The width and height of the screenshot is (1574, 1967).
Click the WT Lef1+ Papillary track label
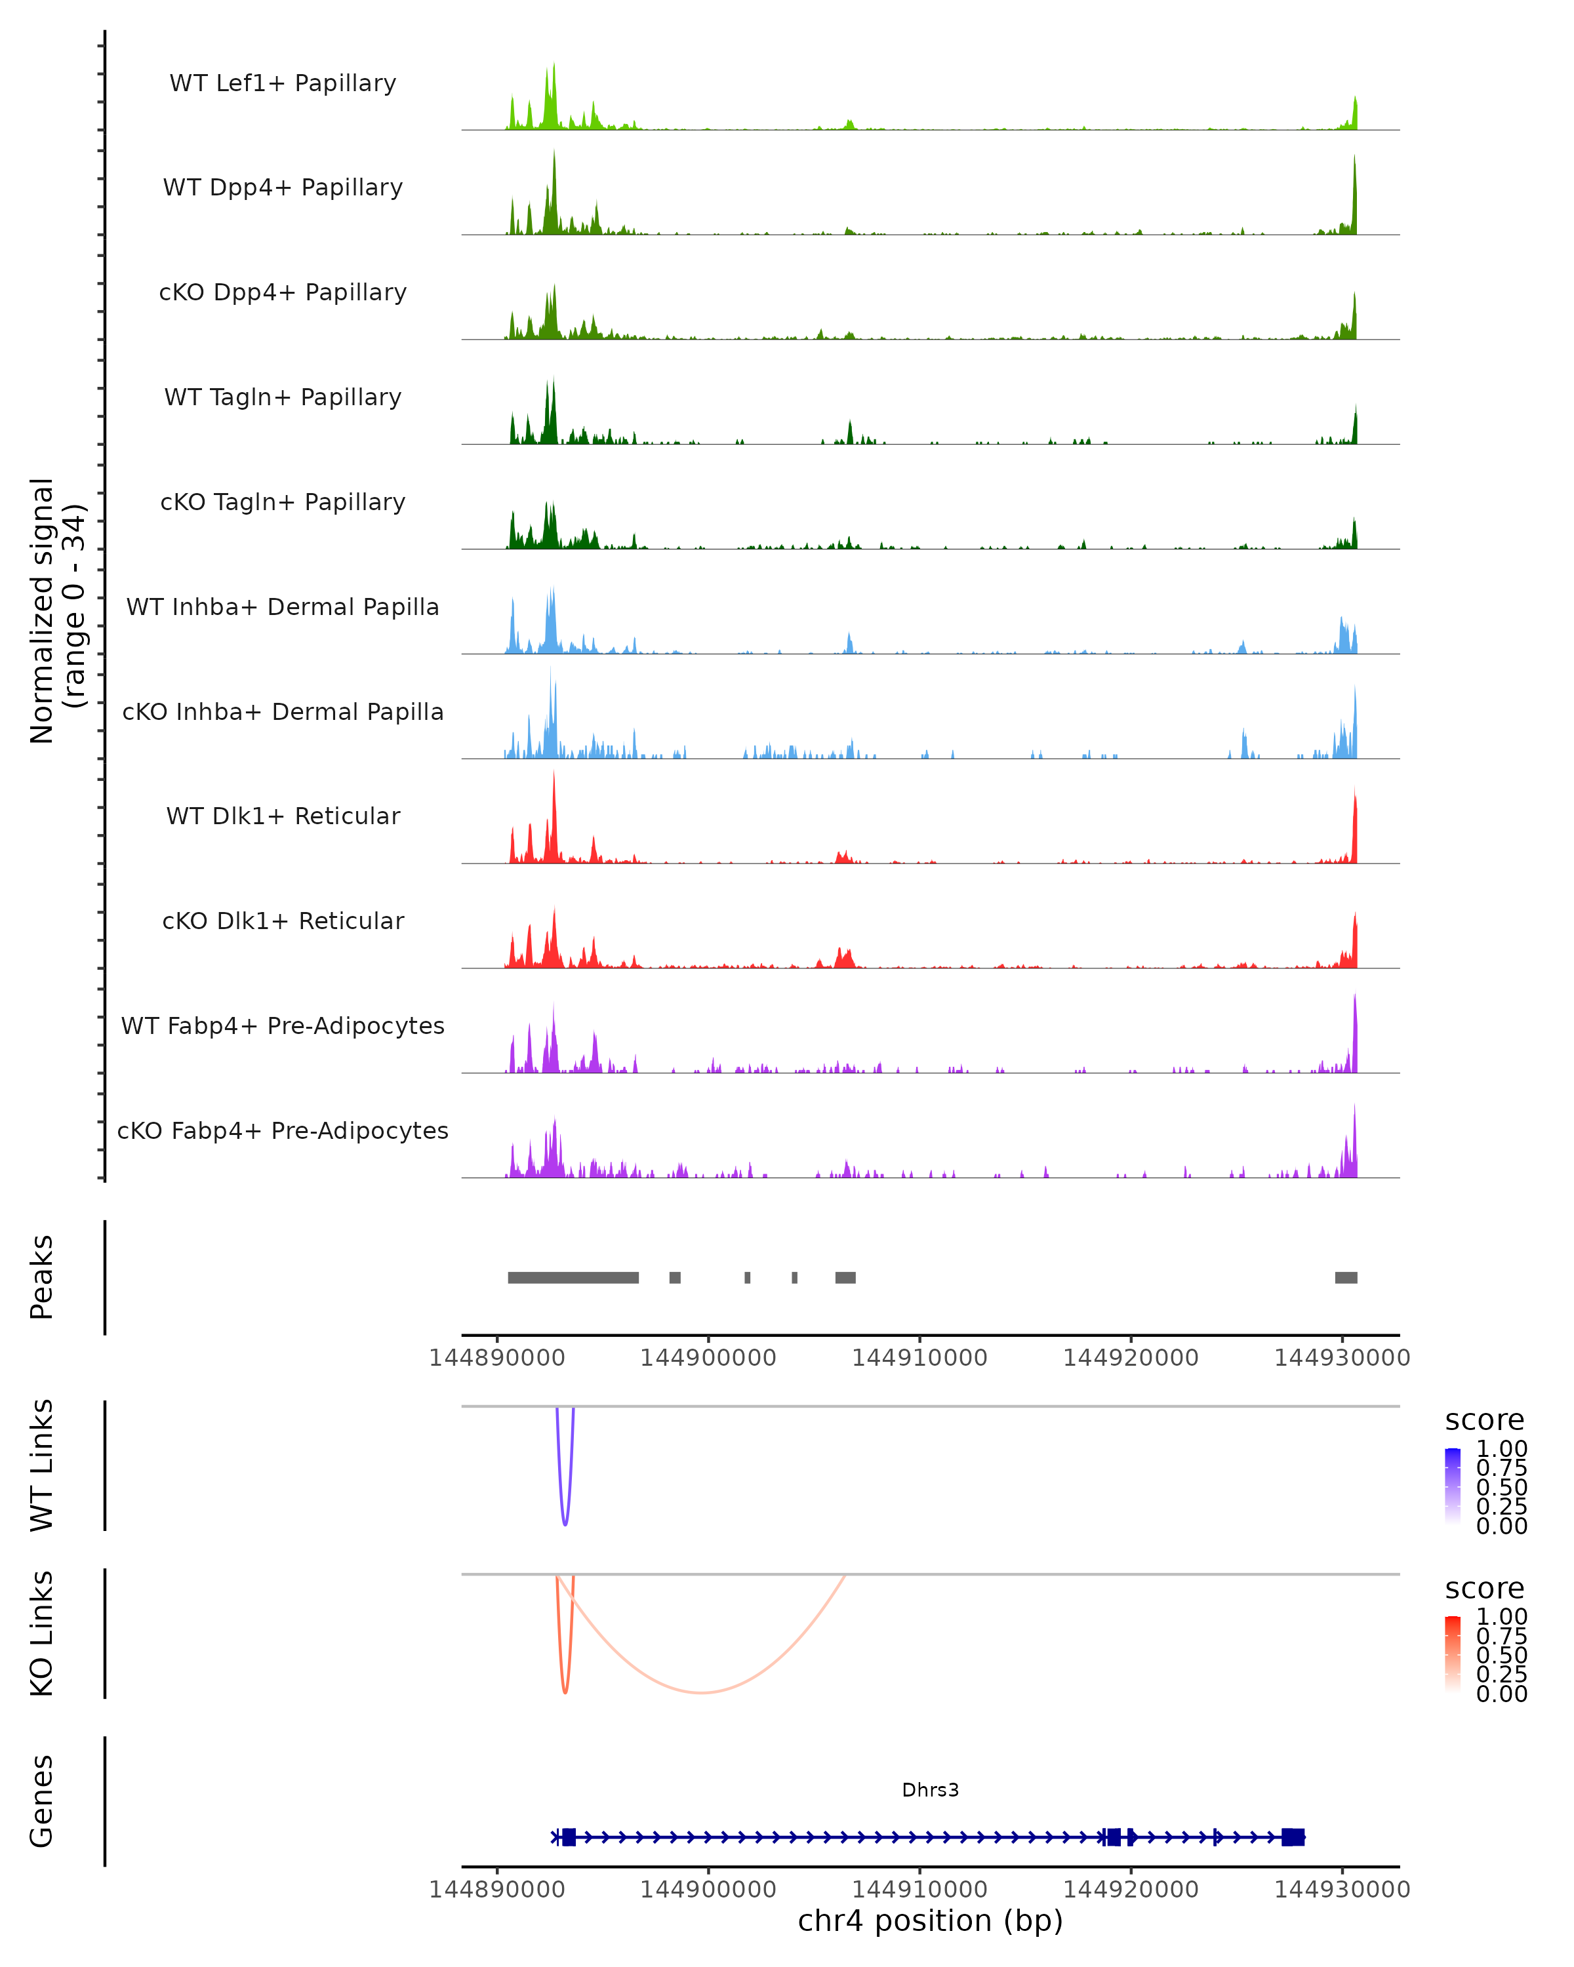[x=283, y=83]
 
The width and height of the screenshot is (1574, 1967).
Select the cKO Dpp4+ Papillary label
[x=283, y=293]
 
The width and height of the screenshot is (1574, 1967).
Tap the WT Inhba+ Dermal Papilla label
[x=283, y=608]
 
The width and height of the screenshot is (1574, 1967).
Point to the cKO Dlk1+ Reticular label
[x=283, y=921]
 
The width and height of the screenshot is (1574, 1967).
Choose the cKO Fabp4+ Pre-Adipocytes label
[x=283, y=1131]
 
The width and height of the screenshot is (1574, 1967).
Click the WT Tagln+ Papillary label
[x=283, y=398]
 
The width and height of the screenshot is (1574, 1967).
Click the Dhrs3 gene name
[x=930, y=1790]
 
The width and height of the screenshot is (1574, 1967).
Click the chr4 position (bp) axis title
[x=930, y=1920]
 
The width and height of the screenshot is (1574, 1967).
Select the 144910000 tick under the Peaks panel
[x=919, y=1358]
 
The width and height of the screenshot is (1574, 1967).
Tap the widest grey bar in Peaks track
[x=573, y=1277]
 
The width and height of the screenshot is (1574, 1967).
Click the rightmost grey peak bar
[x=1346, y=1277]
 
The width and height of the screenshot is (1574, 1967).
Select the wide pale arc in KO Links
[x=701, y=1692]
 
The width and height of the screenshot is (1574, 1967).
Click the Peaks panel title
[x=42, y=1277]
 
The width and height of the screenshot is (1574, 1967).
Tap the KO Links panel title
[x=42, y=1633]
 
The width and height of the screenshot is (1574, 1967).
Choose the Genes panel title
[x=42, y=1801]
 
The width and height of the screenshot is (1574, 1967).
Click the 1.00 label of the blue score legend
[x=1501, y=1449]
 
